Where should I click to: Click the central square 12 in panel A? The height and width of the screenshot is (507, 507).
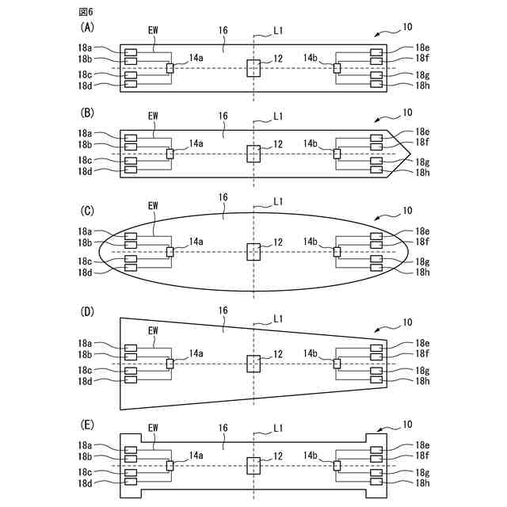[253, 68]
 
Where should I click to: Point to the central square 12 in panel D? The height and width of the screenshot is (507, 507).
[253, 364]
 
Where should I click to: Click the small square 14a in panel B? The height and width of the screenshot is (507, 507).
[170, 154]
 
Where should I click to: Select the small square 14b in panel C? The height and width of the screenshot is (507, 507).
[337, 252]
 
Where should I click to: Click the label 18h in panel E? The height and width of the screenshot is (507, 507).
[422, 482]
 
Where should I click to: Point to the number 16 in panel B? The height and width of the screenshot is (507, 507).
[223, 116]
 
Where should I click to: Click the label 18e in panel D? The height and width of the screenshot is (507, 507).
[422, 343]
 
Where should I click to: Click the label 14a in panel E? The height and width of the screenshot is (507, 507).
[196, 456]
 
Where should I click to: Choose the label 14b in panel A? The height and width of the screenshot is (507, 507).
[311, 57]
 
